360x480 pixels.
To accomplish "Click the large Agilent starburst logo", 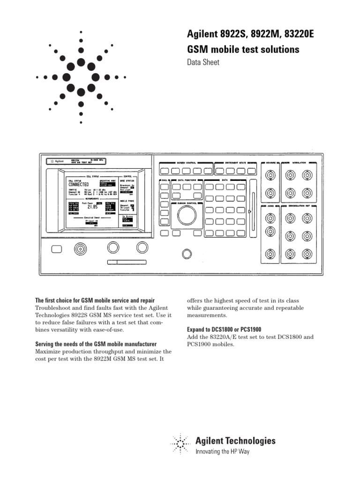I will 81,77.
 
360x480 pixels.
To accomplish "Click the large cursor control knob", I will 187,215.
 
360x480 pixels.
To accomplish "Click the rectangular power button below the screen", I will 56,248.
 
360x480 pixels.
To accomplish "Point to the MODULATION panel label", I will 299,163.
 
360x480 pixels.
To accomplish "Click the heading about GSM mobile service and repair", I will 95,300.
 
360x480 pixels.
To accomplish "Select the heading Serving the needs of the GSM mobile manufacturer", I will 96,344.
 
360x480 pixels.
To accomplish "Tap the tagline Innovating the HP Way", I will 222,451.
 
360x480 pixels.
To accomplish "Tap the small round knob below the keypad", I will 187,254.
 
